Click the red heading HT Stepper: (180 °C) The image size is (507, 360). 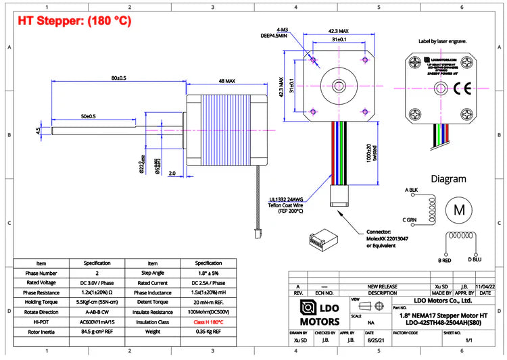pos(75,21)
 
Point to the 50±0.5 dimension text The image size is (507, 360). pos(88,116)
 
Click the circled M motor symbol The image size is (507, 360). pos(460,209)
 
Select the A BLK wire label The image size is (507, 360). pos(411,190)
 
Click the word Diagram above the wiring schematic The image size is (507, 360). pos(448,179)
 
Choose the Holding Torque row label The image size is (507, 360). pos(41,302)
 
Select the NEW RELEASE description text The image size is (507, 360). pos(382,286)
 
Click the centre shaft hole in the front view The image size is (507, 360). pos(338,85)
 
